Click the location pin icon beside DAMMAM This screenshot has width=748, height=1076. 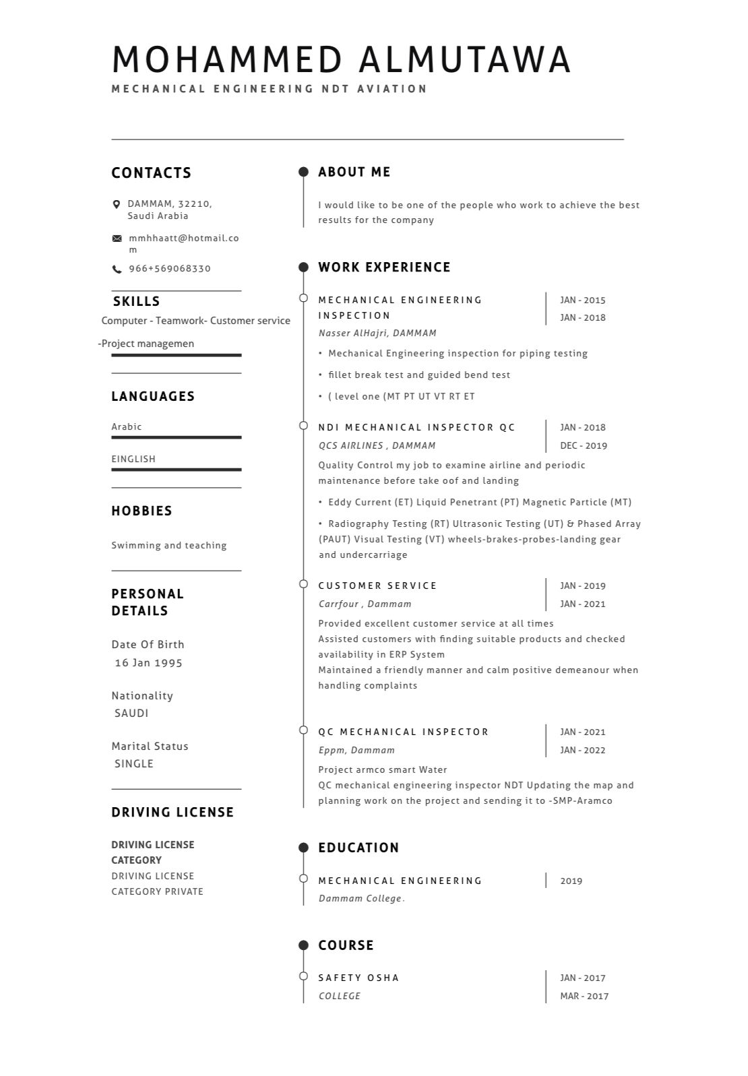click(117, 204)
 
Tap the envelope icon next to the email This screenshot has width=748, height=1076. click(117, 239)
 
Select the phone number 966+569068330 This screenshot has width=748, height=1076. click(170, 269)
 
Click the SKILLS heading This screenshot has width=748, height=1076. click(137, 301)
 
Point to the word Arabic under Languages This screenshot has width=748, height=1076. click(127, 426)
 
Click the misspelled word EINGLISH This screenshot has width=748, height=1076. click(133, 459)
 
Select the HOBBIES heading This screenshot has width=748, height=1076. click(142, 511)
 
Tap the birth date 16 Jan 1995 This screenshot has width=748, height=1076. click(149, 663)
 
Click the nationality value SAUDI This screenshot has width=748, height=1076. click(131, 713)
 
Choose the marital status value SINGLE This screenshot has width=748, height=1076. click(134, 763)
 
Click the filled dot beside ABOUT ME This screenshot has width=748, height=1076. click(303, 172)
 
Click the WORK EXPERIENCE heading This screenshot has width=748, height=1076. click(384, 267)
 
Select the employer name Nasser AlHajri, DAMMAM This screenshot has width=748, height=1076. click(377, 333)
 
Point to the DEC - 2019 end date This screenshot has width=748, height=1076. click(584, 445)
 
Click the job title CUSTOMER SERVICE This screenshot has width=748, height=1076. click(377, 586)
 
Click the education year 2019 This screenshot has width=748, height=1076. click(571, 881)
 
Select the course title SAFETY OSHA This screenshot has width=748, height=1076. click(359, 978)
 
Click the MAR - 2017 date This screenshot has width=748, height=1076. click(584, 996)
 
